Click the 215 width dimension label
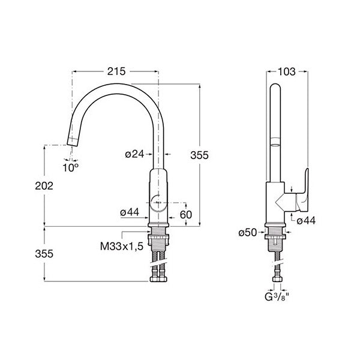116,71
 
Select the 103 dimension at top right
287,72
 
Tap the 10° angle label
70,168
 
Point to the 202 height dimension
44,186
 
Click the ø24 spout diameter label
135,154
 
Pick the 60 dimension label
186,215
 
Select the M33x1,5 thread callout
122,247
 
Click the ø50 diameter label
247,233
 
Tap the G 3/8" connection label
277,297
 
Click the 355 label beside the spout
199,155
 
